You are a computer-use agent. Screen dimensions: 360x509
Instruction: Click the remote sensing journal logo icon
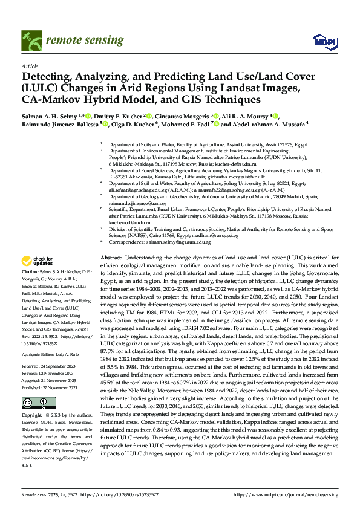click(32, 42)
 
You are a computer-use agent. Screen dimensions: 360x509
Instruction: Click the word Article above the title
click(29, 66)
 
